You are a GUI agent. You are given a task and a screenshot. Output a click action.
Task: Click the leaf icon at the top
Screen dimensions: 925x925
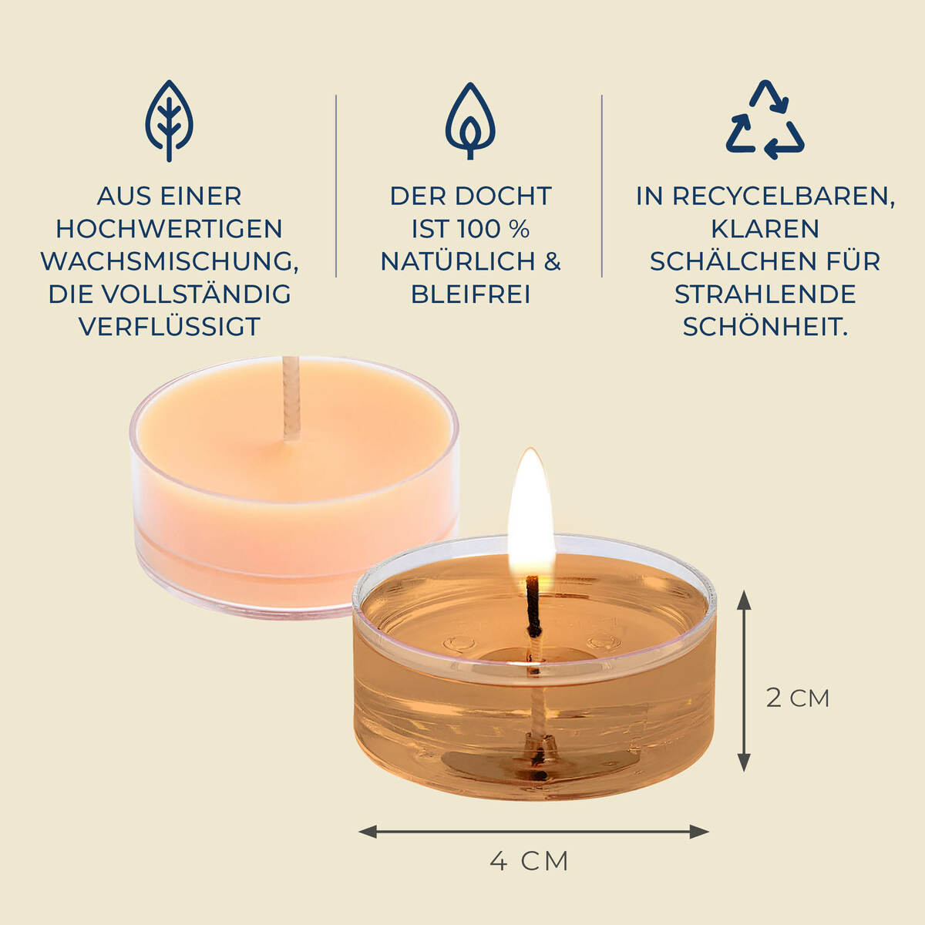(x=169, y=121)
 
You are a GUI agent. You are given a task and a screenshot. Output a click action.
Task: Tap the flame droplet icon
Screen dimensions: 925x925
(x=469, y=121)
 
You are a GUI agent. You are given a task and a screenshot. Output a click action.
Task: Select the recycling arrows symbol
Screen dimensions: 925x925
(x=765, y=120)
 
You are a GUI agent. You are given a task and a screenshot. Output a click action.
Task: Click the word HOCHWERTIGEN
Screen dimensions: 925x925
(x=169, y=229)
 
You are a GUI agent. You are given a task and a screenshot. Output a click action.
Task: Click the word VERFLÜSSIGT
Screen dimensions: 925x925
(x=169, y=326)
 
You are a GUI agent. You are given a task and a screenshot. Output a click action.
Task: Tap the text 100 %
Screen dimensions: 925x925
(x=493, y=229)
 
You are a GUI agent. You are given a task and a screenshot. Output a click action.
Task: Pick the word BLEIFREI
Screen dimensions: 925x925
(x=470, y=294)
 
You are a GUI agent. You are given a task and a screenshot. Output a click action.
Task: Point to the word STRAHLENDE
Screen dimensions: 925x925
(x=765, y=294)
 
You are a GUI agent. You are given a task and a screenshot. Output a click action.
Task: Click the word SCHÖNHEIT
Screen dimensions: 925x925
(x=765, y=326)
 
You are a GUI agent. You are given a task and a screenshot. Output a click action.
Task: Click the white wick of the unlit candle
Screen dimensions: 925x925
(x=291, y=397)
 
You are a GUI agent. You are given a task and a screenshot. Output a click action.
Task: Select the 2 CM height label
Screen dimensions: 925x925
(x=797, y=698)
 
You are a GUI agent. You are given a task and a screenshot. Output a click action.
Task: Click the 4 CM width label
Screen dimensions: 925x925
(x=529, y=861)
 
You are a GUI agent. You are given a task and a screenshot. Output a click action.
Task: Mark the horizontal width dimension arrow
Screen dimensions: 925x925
(x=533, y=832)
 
